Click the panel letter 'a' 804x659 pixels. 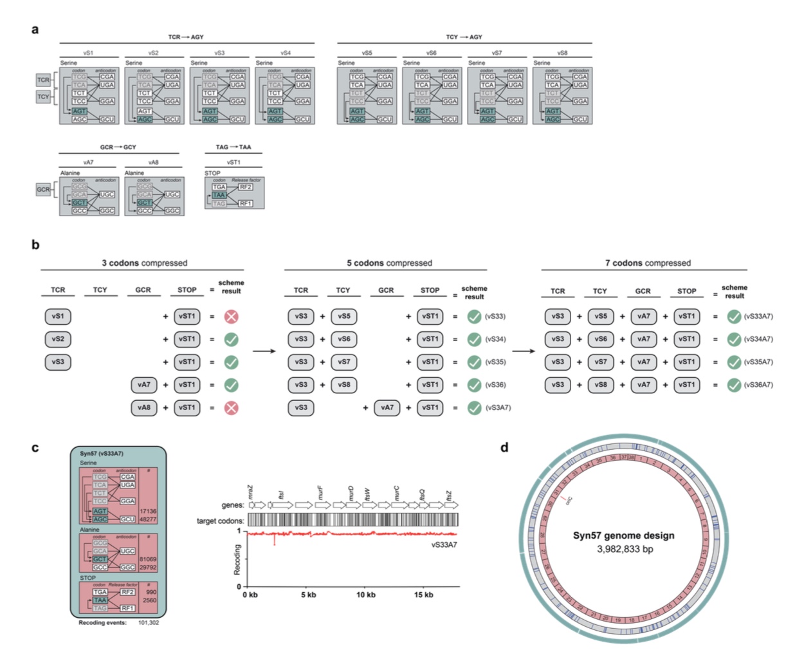[x=35, y=30]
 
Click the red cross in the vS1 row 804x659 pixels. [x=231, y=317]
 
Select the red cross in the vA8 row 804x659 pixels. [x=231, y=408]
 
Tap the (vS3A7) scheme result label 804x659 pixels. [x=498, y=408]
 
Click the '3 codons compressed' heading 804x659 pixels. [x=144, y=263]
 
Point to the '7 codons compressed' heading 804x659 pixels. [x=648, y=263]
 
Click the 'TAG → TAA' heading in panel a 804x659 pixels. [x=233, y=147]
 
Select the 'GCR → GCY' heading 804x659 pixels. [x=118, y=147]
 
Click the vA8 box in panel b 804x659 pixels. [x=144, y=408]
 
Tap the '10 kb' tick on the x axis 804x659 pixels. [x=366, y=595]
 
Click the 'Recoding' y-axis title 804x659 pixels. [x=237, y=559]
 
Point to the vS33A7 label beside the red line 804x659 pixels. [x=444, y=545]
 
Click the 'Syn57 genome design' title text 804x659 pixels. [x=623, y=535]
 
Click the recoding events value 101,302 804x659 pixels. [x=149, y=623]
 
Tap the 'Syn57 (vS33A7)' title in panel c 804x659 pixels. [x=102, y=454]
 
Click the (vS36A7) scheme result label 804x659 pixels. [x=758, y=385]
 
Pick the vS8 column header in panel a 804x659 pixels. [x=562, y=53]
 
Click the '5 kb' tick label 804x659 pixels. [x=309, y=595]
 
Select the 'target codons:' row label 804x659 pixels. [x=220, y=521]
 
